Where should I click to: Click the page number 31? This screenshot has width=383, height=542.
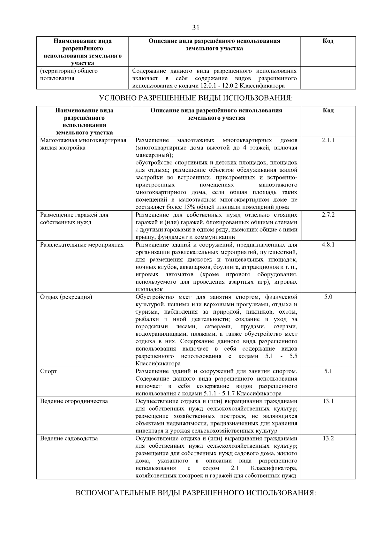point(196,28)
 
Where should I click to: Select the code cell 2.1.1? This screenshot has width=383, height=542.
point(328,140)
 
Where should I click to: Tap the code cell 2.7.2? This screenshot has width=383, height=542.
point(328,215)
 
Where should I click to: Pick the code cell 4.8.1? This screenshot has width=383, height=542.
point(328,245)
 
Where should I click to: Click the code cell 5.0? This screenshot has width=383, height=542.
point(328,297)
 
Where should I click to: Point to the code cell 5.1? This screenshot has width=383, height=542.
point(328,371)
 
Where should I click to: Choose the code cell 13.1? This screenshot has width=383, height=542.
point(328,401)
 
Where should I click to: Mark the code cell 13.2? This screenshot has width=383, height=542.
point(328,439)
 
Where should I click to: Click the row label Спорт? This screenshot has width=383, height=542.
point(49,371)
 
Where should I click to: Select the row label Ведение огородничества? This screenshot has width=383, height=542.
point(74,401)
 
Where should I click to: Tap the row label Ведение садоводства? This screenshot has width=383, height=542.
point(69,439)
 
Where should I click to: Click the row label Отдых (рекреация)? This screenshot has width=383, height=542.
point(66,297)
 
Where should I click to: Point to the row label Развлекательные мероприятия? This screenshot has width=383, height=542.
point(82,245)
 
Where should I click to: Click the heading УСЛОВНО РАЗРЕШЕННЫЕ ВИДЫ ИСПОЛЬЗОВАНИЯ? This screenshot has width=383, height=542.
point(196,98)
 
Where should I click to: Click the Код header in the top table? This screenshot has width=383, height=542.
point(328,41)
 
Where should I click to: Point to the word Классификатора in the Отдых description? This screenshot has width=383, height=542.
point(158,364)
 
